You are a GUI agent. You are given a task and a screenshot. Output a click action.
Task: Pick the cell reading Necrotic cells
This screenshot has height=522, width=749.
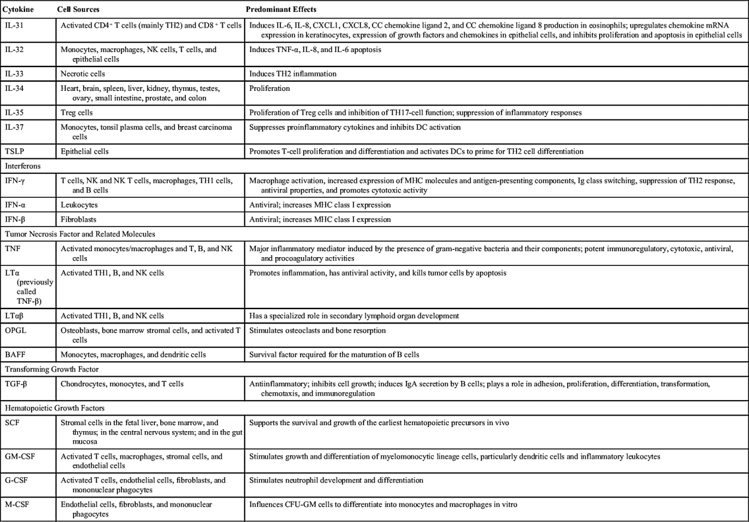(x=83, y=74)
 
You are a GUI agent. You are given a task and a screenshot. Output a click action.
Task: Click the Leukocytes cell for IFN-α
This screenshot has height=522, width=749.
(x=80, y=205)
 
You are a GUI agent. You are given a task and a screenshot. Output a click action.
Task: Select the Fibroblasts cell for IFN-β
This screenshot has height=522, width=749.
(x=80, y=219)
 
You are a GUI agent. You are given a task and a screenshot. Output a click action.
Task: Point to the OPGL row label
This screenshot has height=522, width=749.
(x=16, y=330)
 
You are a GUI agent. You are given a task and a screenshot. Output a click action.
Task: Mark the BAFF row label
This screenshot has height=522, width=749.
(x=16, y=355)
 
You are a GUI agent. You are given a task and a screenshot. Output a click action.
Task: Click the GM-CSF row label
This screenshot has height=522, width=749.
(x=19, y=456)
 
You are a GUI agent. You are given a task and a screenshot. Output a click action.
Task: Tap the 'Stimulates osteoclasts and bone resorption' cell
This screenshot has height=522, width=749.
(x=317, y=330)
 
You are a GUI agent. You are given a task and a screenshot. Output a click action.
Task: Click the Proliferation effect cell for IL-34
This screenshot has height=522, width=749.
(x=270, y=88)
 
